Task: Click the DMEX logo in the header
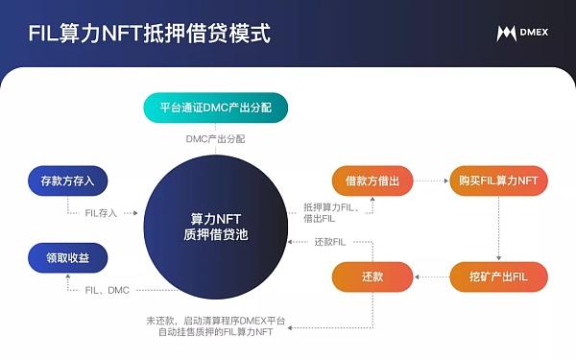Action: pos(522,33)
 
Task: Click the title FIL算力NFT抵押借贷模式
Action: pos(150,33)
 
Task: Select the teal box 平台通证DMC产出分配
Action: pos(216,108)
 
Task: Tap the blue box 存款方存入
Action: pos(67,180)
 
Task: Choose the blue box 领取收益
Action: pos(67,258)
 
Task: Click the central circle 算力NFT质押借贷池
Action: pos(216,227)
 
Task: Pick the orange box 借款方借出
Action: pos(372,180)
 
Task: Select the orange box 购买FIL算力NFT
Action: pos(498,180)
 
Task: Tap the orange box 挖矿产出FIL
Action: pos(498,276)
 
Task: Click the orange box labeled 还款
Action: pos(372,276)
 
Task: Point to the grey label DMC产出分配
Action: pos(215,139)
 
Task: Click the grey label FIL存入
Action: pos(101,213)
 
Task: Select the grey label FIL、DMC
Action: pos(107,290)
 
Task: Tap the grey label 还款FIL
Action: pos(330,242)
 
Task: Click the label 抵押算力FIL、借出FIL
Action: pos(331,213)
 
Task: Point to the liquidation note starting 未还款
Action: pos(216,326)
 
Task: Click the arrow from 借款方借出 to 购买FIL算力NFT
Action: pos(431,180)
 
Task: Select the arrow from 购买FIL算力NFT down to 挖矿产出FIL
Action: pos(498,228)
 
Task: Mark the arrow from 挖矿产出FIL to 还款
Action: pos(432,276)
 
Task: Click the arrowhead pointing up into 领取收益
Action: pos(67,276)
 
